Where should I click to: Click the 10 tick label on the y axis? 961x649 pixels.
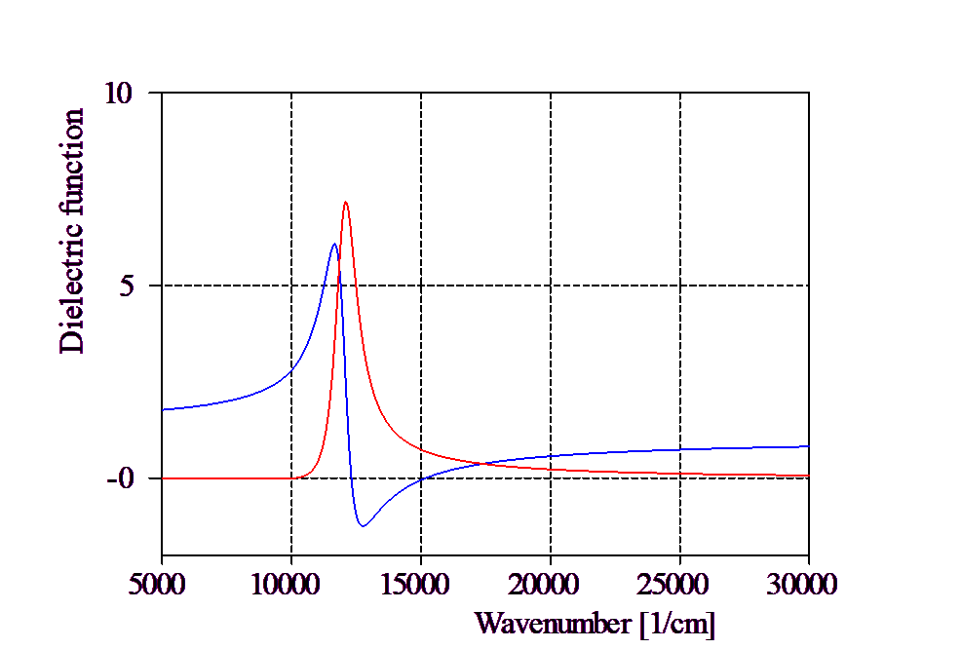(x=118, y=93)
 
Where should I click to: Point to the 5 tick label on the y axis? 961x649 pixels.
(x=125, y=286)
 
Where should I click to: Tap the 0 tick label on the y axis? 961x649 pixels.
(x=125, y=478)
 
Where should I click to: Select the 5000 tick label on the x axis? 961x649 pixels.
(x=156, y=585)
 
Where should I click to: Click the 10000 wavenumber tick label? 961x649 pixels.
(x=284, y=585)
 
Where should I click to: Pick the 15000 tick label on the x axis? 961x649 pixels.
(x=415, y=585)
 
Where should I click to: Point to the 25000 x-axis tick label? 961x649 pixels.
(x=673, y=585)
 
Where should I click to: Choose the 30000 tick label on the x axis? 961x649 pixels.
(x=803, y=585)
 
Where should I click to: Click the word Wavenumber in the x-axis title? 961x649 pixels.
(x=553, y=623)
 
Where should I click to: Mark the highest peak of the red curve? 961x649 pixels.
(x=346, y=202)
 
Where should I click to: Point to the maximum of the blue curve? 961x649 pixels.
(x=333, y=244)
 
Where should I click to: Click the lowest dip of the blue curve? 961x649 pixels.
(x=363, y=526)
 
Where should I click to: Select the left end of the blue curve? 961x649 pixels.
(x=162, y=409)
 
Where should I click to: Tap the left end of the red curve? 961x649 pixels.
(x=162, y=478)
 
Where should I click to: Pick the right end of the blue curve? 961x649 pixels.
(x=809, y=446)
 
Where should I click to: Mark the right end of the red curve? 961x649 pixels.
(x=809, y=476)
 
